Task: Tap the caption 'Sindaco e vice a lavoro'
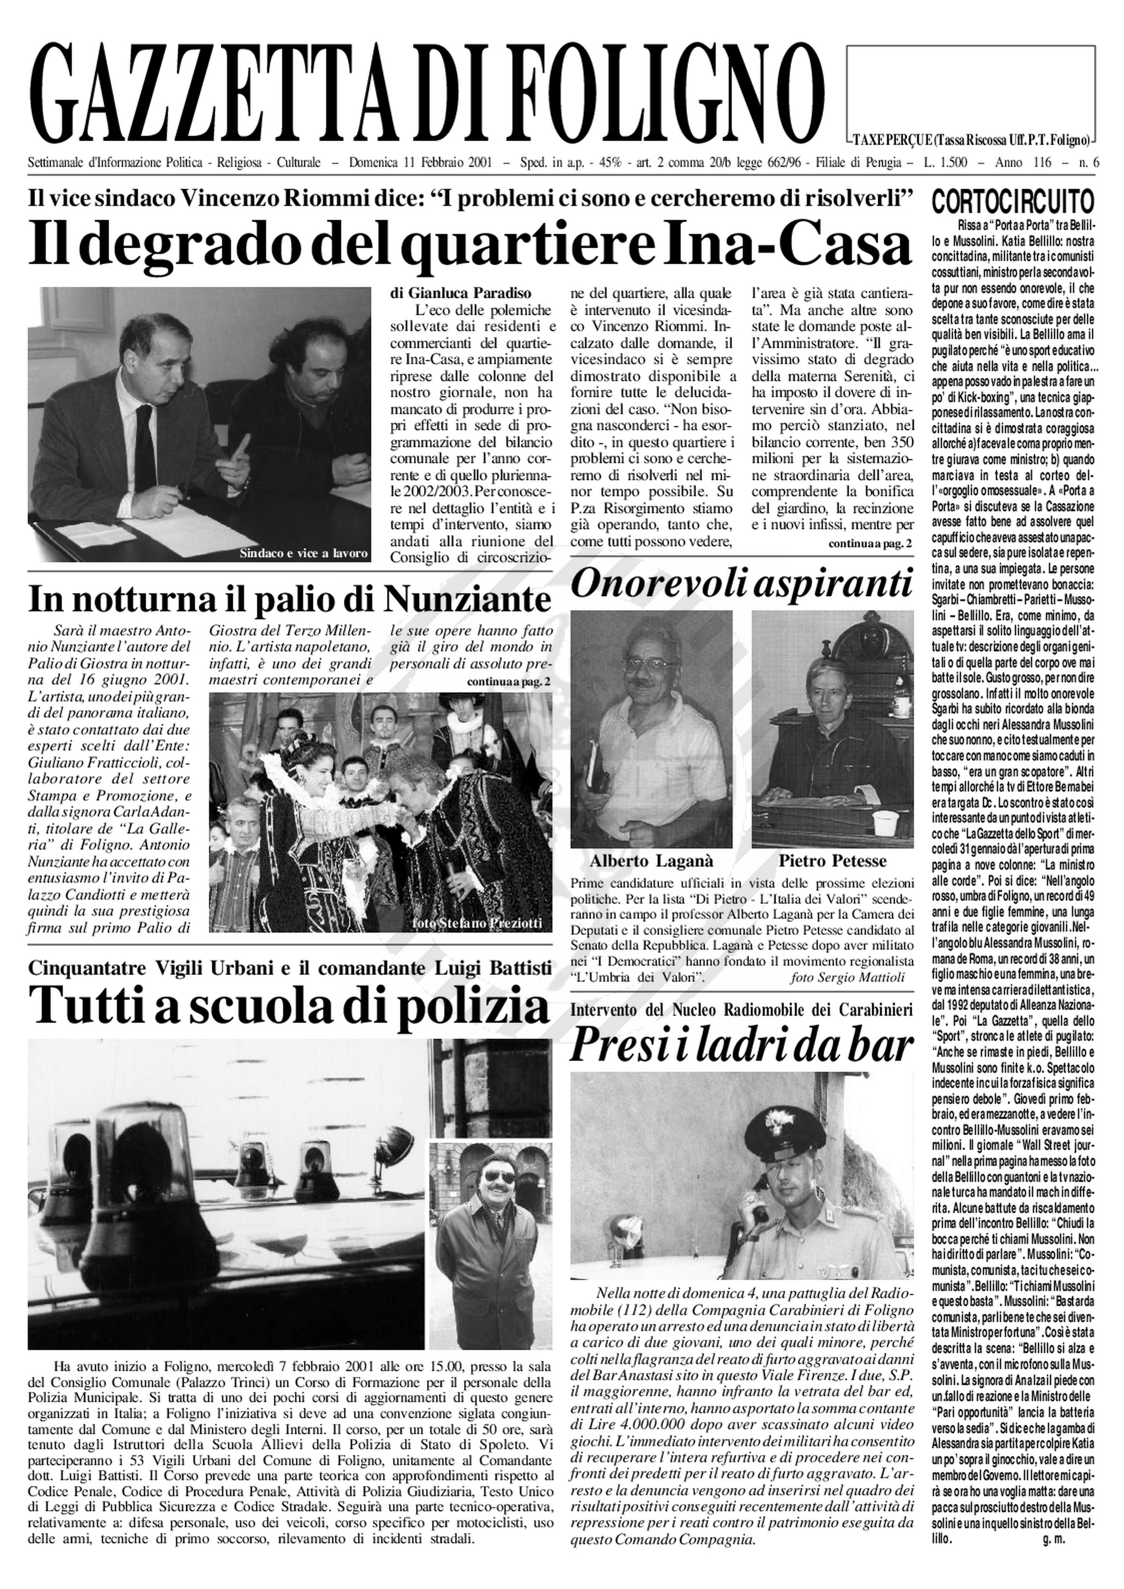303,553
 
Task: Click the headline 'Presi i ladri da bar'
740,1047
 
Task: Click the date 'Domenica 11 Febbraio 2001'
420,163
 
